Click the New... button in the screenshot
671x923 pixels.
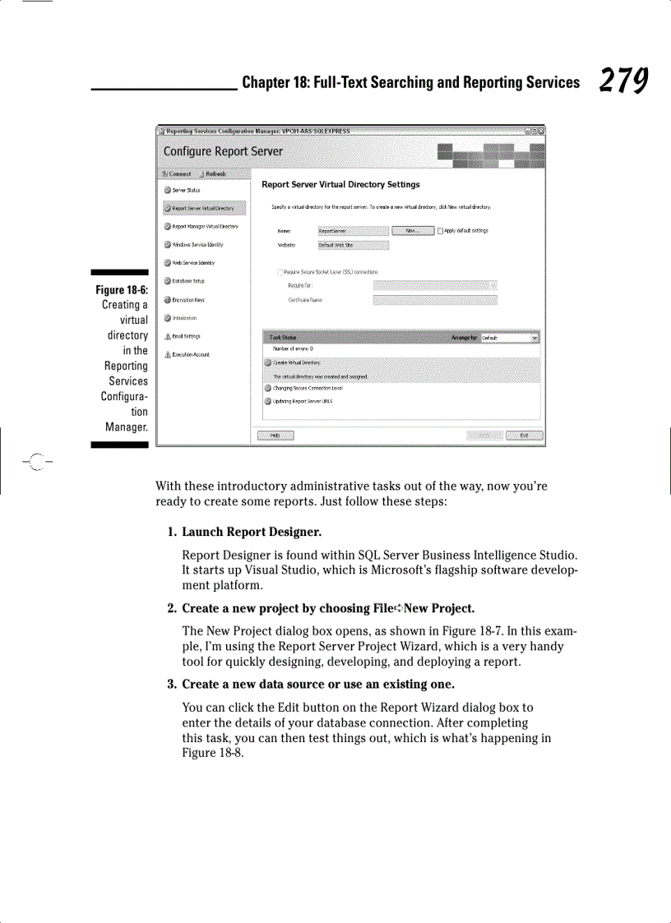coord(413,231)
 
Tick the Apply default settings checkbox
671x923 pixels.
coord(441,231)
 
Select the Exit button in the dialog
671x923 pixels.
coord(524,436)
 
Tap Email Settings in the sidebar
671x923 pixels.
coord(186,336)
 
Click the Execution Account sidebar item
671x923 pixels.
coord(190,354)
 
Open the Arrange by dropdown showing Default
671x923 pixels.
coord(510,337)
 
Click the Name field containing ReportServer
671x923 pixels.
coord(352,231)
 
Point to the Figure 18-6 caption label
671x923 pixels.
coord(122,289)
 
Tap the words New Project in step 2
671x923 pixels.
coord(441,609)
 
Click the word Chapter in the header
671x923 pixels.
coord(269,82)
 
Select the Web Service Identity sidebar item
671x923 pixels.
coord(192,263)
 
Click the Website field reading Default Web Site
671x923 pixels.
coord(352,245)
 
